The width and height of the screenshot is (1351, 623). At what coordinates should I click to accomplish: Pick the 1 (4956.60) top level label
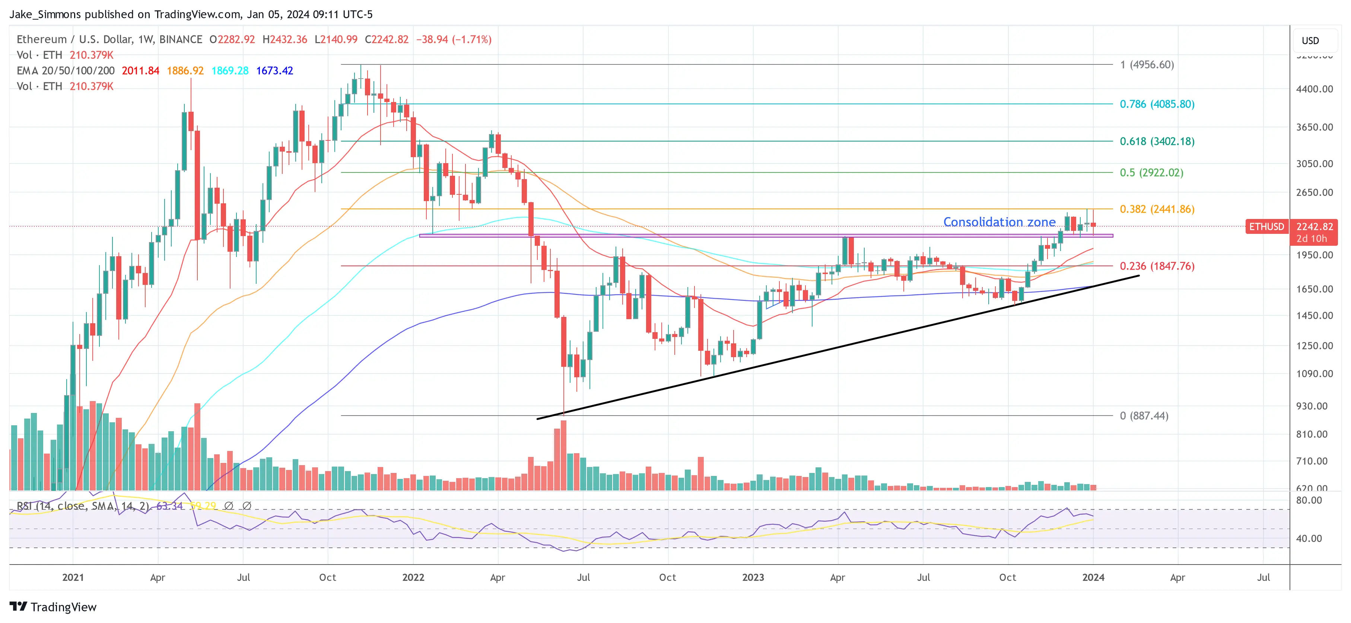click(1147, 64)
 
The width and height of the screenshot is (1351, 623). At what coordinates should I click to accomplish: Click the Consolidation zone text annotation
click(999, 222)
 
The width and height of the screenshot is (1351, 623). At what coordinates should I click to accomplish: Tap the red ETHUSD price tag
click(1266, 226)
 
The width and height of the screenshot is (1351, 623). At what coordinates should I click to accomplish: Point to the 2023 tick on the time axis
click(753, 577)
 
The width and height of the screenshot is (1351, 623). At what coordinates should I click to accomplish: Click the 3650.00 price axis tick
click(1314, 127)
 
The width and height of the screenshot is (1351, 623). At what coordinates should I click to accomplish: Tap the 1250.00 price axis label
click(1314, 346)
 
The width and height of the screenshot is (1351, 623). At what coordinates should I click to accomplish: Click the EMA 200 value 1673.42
click(274, 71)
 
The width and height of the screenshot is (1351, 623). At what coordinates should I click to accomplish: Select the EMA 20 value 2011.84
click(140, 71)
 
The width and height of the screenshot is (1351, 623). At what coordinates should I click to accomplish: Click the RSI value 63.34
click(169, 506)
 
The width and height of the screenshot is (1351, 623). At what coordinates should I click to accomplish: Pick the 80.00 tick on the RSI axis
click(1309, 500)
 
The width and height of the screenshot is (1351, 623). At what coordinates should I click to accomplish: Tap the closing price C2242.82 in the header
click(386, 39)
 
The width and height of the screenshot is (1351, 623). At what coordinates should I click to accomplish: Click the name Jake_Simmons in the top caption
click(45, 14)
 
